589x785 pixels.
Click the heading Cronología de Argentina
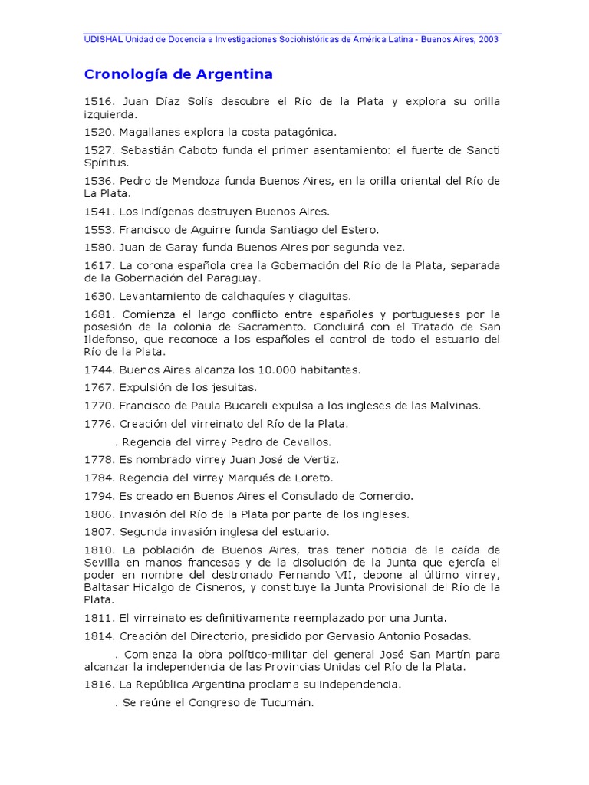(178, 75)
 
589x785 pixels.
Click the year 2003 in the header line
(488, 40)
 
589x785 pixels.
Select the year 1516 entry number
(98, 102)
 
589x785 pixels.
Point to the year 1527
(98, 150)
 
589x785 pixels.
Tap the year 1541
(98, 211)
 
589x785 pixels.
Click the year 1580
(98, 247)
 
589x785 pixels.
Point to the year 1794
(98, 496)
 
